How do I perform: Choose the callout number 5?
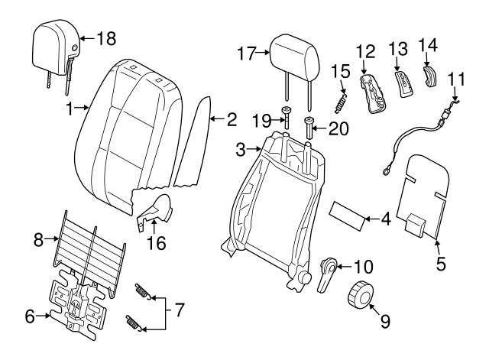(440, 265)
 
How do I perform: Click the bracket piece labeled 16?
(157, 212)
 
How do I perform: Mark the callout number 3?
(240, 151)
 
